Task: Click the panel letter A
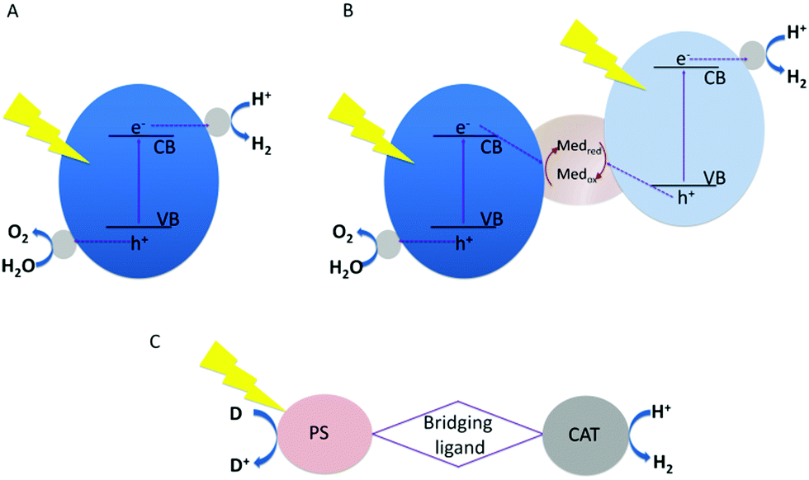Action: click(12, 16)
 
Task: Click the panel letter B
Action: click(326, 16)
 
